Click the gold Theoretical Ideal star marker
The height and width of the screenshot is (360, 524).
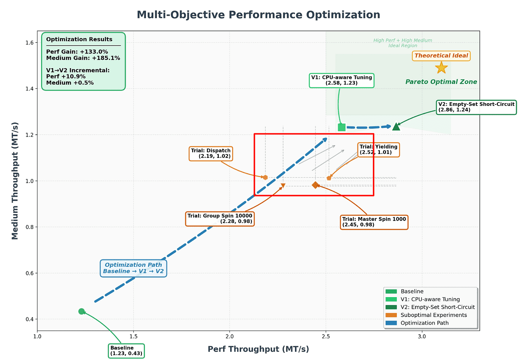[x=441, y=68]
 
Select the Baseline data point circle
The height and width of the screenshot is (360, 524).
[x=82, y=311]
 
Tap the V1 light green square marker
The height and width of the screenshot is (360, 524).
[x=342, y=127]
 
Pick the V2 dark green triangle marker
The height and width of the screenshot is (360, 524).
[x=396, y=127]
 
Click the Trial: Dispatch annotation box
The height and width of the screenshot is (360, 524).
[x=211, y=153]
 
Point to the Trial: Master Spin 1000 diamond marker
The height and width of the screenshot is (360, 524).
[x=316, y=185]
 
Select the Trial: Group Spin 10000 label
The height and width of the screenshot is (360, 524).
[x=220, y=219]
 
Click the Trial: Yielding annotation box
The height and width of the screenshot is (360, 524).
[x=378, y=149]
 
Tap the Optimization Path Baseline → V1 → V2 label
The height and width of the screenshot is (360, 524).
[x=133, y=268]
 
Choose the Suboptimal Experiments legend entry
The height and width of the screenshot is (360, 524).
[x=433, y=315]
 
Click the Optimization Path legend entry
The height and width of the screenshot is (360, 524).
[x=424, y=323]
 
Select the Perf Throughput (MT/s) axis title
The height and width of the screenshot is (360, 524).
[x=258, y=349]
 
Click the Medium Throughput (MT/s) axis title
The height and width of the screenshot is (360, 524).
[x=15, y=181]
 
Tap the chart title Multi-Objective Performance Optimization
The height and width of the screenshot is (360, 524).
[x=258, y=15]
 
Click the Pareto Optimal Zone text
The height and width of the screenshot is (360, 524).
[x=441, y=82]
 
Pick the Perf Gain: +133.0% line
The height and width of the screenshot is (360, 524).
[x=77, y=52]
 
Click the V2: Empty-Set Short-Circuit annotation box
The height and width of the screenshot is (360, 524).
[x=476, y=107]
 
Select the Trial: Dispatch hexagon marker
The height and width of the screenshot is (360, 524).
[x=265, y=177]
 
